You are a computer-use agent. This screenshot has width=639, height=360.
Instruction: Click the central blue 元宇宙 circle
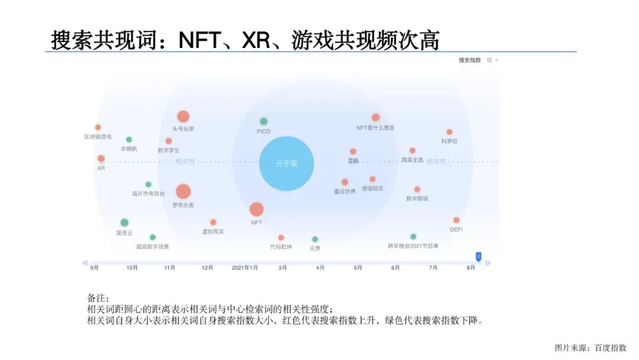(x=286, y=163)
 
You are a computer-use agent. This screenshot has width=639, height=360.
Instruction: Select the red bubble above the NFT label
(x=256, y=209)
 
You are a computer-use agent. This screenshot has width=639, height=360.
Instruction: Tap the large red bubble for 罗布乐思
(x=183, y=191)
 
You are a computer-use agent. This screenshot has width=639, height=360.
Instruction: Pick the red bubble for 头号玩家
(x=183, y=117)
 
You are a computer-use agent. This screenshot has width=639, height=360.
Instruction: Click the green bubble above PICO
(x=263, y=121)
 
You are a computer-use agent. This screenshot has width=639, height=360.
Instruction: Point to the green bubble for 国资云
(x=124, y=223)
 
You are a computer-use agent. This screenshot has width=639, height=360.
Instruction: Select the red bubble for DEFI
(x=456, y=220)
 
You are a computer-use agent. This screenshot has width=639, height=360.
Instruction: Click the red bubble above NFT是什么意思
(x=376, y=117)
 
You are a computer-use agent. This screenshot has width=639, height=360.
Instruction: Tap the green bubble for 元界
(x=315, y=239)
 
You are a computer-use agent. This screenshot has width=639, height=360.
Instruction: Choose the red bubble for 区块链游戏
(x=98, y=127)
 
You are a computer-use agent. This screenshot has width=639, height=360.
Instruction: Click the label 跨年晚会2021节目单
(x=413, y=246)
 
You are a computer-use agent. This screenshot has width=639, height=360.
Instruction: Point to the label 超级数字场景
(x=153, y=246)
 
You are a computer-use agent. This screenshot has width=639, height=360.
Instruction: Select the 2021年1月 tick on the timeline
(x=245, y=268)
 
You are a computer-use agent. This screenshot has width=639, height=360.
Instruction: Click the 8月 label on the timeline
(x=470, y=268)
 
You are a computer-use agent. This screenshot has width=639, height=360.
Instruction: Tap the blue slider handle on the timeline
(x=479, y=256)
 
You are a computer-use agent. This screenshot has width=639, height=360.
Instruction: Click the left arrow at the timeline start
(x=85, y=263)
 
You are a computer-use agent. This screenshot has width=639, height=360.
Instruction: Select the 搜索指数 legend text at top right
(x=470, y=60)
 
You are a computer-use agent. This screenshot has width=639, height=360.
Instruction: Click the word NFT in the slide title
(x=200, y=40)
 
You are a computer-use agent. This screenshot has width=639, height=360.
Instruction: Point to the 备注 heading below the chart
(x=98, y=298)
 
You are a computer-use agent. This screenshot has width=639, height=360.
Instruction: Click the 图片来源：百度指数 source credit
(x=590, y=348)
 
